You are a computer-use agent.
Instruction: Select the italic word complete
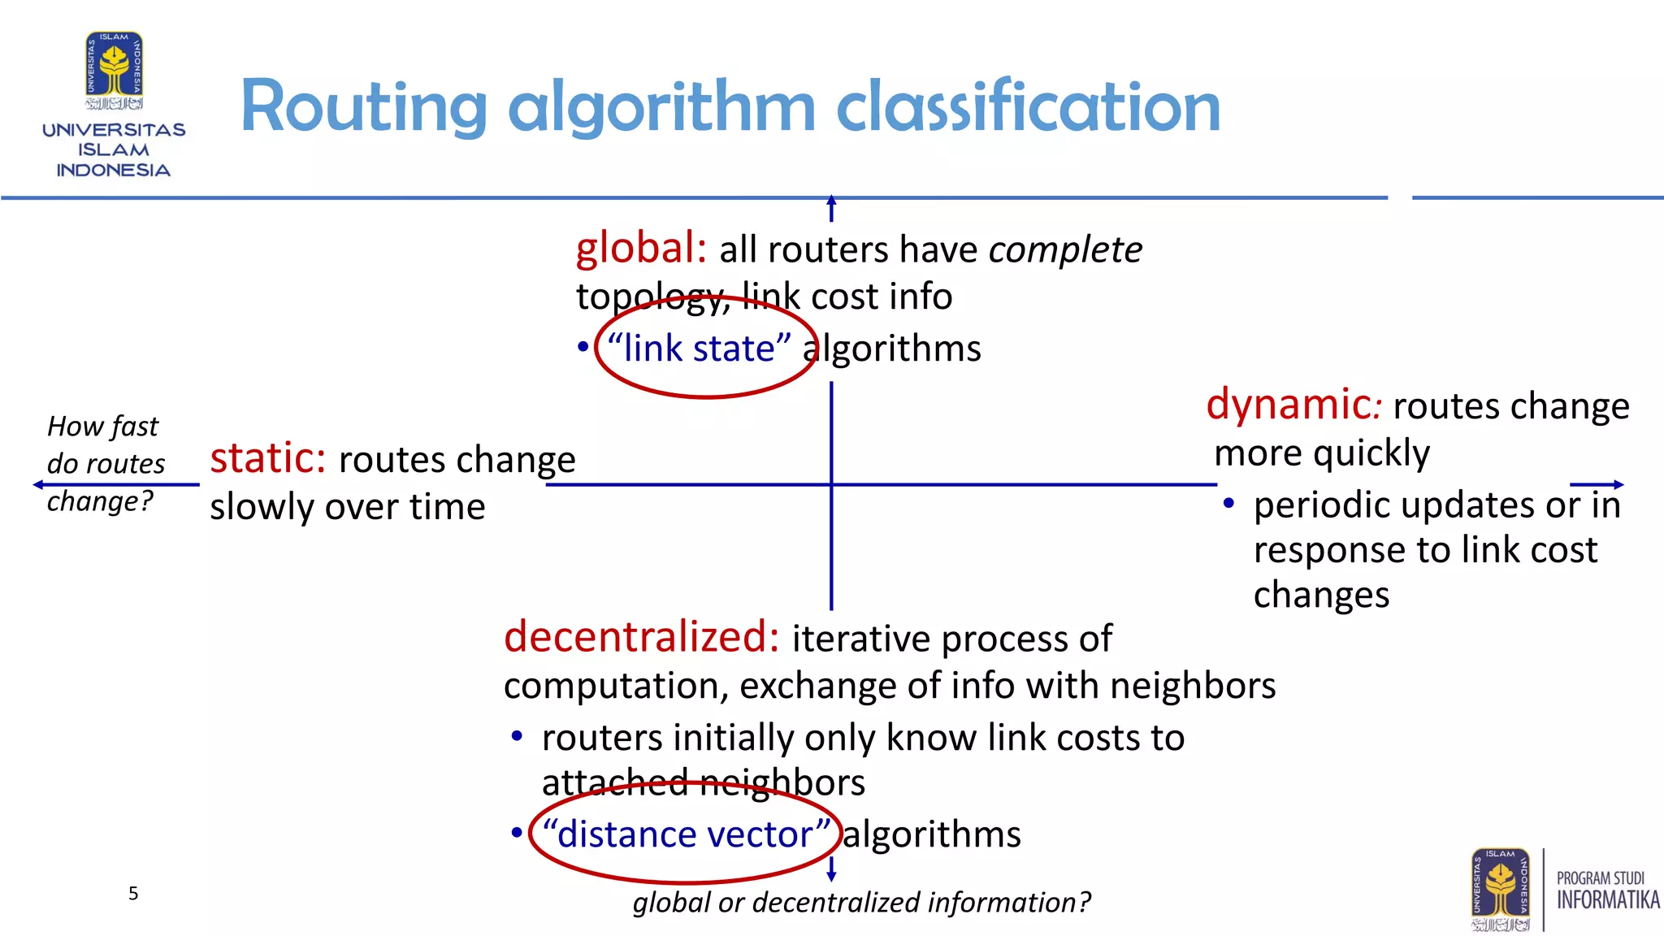pos(1065,250)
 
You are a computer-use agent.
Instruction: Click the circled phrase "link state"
pos(699,349)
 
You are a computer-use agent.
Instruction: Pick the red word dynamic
pos(1289,405)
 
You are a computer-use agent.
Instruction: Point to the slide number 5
pos(133,894)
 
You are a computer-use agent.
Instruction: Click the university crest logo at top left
pos(115,70)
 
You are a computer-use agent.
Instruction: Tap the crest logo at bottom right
pos(1500,889)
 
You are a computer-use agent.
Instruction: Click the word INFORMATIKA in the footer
pos(1608,900)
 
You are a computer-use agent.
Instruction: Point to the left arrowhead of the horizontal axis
pos(37,485)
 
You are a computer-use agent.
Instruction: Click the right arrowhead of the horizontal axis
pos(1618,485)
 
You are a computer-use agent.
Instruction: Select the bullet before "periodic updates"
pos(1228,504)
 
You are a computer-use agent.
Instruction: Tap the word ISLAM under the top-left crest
pos(114,150)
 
